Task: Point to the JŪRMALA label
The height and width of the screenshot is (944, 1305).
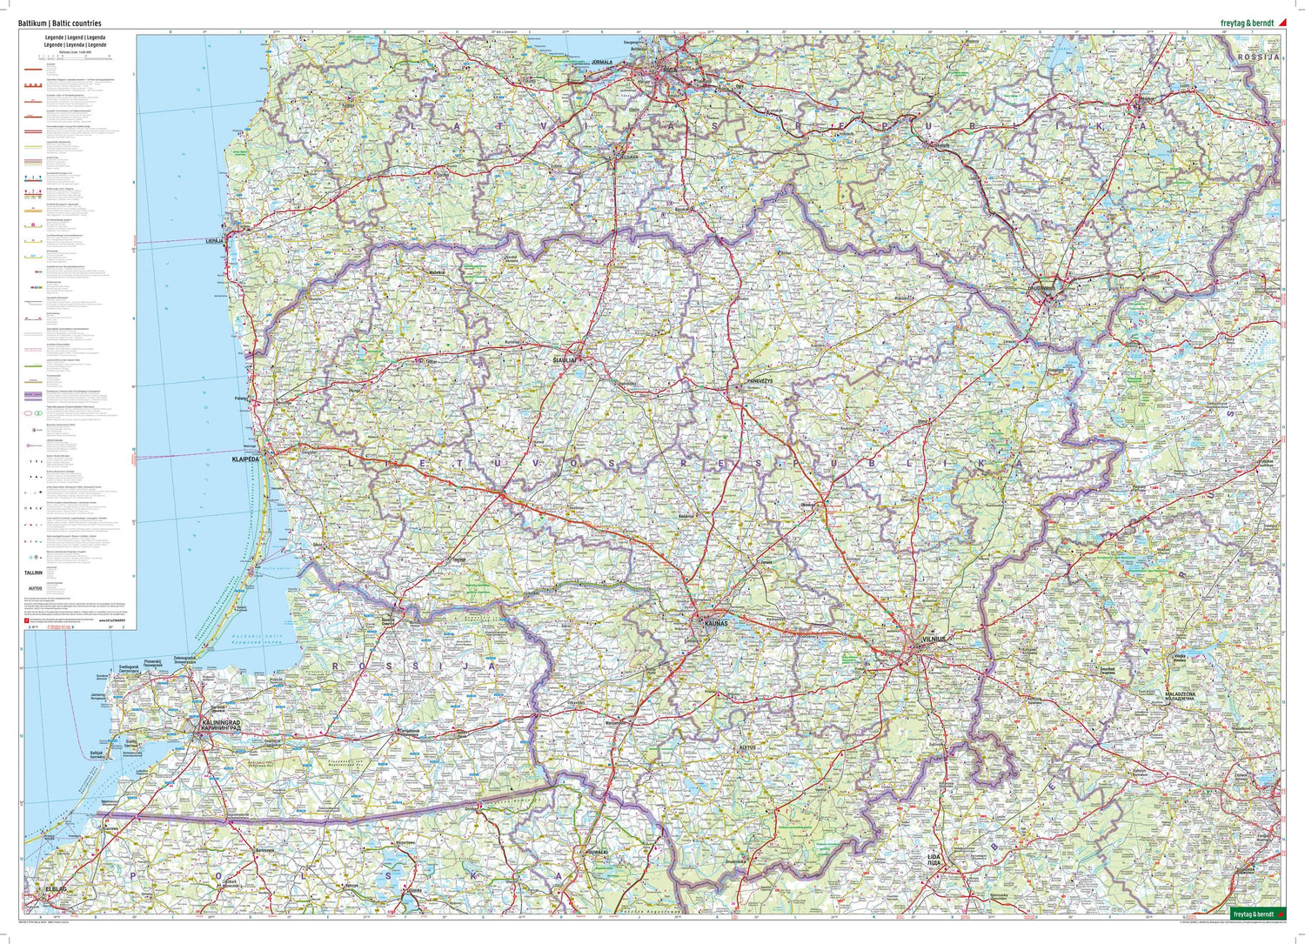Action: coord(602,62)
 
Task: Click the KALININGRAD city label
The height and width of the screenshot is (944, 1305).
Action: coord(219,723)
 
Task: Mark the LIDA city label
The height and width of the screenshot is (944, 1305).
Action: coord(934,857)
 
